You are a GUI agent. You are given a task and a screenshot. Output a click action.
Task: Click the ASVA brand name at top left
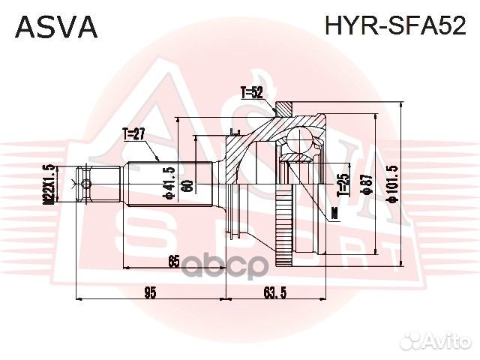(56, 27)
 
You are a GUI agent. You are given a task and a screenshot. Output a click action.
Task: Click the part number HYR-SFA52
(394, 27)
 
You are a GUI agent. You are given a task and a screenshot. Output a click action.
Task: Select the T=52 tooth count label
(252, 93)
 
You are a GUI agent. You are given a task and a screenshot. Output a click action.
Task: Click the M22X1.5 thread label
(47, 184)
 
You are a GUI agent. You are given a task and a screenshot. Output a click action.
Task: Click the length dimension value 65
(173, 262)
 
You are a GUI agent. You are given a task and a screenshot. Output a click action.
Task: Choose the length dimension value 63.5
(275, 292)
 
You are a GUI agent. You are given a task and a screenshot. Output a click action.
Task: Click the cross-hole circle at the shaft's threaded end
(86, 184)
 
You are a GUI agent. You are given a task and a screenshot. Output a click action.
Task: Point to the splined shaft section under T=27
(150, 184)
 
